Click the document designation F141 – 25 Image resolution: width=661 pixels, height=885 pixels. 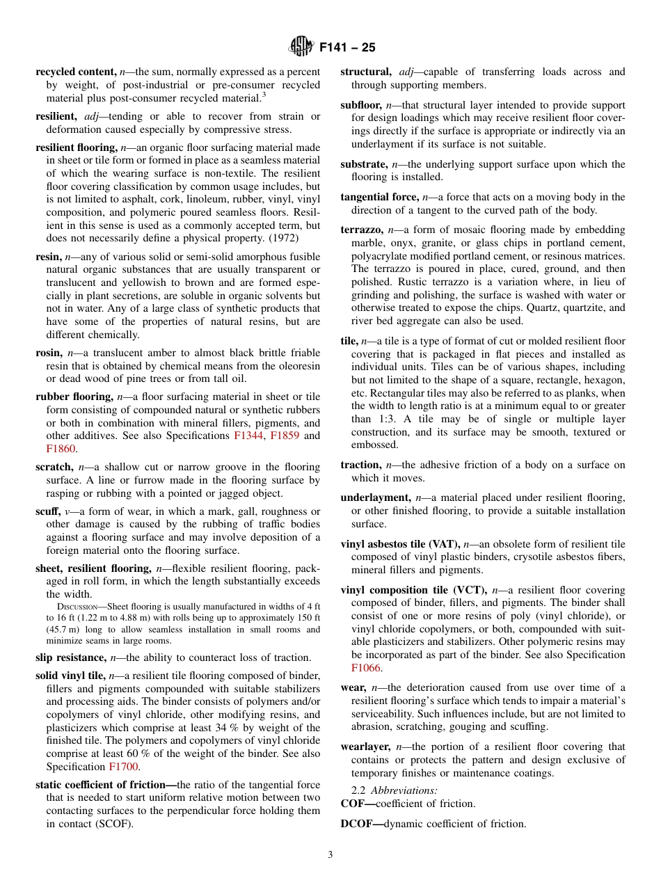click(347, 47)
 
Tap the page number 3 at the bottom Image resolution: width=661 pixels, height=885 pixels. click(330, 854)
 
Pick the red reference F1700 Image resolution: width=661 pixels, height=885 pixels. click(124, 767)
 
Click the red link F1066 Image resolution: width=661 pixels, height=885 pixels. click(365, 668)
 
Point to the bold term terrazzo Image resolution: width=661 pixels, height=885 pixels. click(362, 230)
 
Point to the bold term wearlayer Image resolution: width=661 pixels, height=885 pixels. click(366, 747)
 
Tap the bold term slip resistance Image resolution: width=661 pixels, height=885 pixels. click(72, 657)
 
